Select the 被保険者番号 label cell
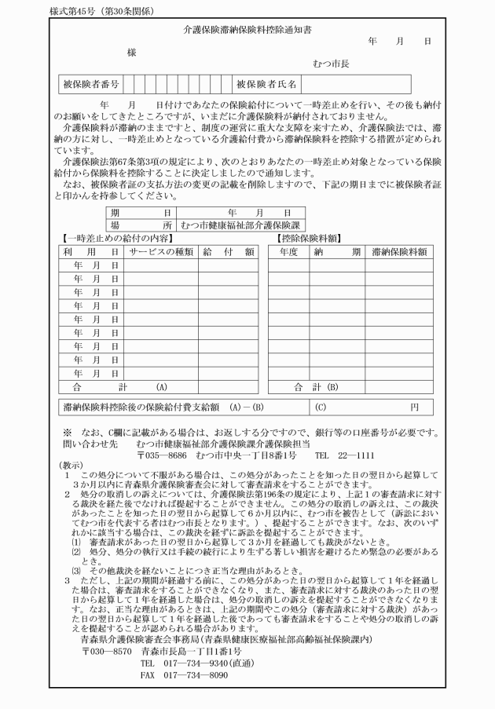click(89, 82)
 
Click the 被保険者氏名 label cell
click(267, 82)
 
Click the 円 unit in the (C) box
click(414, 407)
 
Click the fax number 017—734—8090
click(184, 674)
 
